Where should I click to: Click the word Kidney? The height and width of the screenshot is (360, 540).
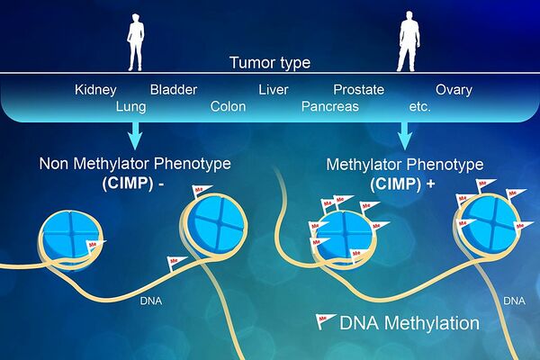click(x=95, y=90)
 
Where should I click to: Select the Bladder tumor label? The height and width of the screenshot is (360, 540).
click(x=174, y=90)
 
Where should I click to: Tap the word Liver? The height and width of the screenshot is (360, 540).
click(x=274, y=90)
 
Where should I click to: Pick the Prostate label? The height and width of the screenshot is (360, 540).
click(x=358, y=90)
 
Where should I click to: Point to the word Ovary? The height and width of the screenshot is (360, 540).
click(x=454, y=90)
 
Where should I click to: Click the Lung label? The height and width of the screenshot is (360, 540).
click(x=130, y=107)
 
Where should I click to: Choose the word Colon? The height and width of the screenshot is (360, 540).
click(x=228, y=106)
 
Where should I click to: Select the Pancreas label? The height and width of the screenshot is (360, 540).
click(x=330, y=106)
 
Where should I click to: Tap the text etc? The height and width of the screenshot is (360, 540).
click(x=419, y=107)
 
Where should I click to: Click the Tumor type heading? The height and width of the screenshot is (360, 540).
click(x=270, y=63)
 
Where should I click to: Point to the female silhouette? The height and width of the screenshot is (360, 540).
click(x=135, y=42)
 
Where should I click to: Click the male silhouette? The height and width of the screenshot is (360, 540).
click(x=408, y=41)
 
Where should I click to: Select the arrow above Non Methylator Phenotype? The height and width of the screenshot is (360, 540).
click(x=135, y=135)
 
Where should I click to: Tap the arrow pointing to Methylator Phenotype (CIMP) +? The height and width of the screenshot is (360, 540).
click(x=405, y=135)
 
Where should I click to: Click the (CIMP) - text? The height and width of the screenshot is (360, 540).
click(x=133, y=183)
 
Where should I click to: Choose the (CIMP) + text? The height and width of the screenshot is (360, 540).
click(x=402, y=184)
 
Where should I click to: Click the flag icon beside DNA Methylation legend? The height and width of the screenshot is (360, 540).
click(x=325, y=321)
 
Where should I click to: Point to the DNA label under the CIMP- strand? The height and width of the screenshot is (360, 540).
click(x=151, y=301)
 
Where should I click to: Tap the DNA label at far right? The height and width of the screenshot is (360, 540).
click(x=514, y=301)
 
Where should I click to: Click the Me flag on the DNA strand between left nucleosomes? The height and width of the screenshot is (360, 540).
click(x=175, y=263)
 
